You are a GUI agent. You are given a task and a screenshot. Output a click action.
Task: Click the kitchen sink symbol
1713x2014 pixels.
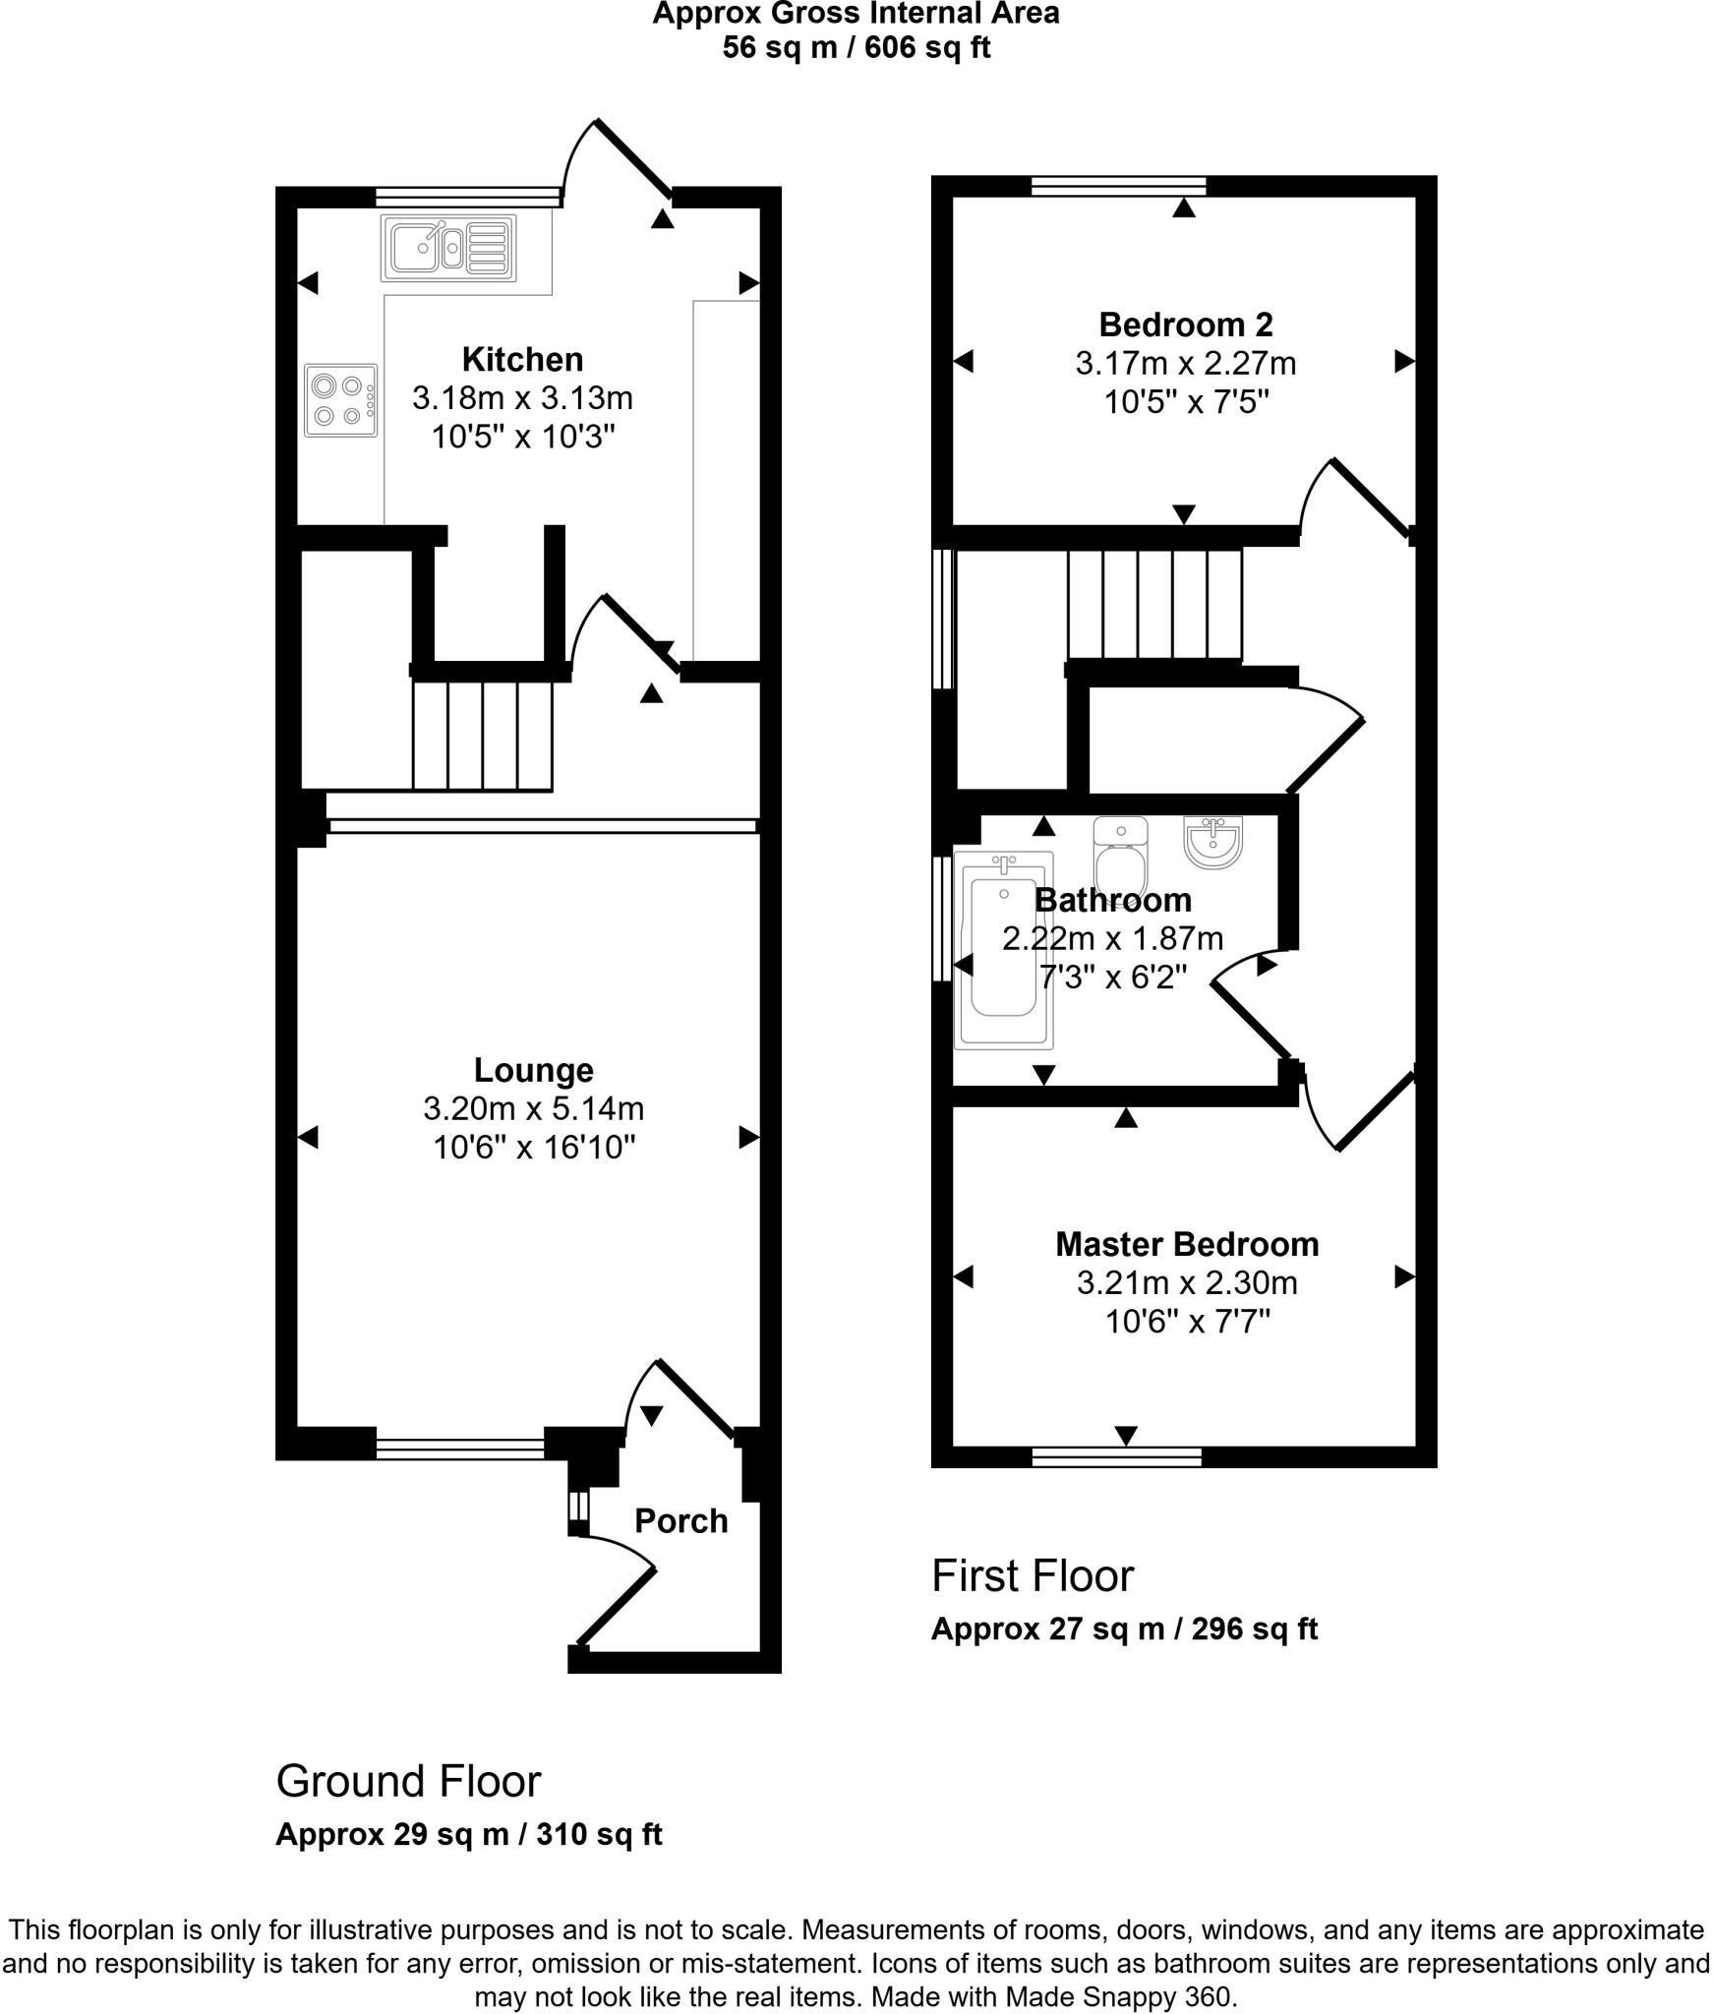pyautogui.click(x=448, y=248)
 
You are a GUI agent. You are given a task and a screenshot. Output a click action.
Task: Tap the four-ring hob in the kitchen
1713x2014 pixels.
pyautogui.click(x=340, y=400)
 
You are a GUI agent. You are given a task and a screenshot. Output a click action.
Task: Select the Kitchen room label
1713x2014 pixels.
pyautogui.click(x=522, y=360)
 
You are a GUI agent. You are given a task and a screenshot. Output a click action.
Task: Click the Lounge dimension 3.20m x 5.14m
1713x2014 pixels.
pyautogui.click(x=533, y=1108)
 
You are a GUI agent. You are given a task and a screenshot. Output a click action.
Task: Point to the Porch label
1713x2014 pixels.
pyautogui.click(x=680, y=1520)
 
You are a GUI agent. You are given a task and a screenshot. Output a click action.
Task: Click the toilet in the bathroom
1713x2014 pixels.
pyautogui.click(x=1119, y=858)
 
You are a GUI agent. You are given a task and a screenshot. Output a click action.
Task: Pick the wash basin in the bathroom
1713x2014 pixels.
pyautogui.click(x=1212, y=842)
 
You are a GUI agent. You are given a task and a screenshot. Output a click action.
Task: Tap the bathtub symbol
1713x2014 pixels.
pyautogui.click(x=1003, y=950)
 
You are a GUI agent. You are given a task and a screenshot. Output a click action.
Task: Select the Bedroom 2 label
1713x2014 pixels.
pyautogui.click(x=1185, y=325)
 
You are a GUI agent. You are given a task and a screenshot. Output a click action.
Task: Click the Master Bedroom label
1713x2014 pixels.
pyautogui.click(x=1186, y=1244)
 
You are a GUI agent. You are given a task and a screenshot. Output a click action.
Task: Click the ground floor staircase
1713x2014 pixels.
pyautogui.click(x=482, y=736)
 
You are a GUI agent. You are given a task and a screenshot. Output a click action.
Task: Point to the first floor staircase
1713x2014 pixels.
pyautogui.click(x=1154, y=603)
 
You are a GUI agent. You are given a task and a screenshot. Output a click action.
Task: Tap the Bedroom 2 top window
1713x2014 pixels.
pyautogui.click(x=1118, y=186)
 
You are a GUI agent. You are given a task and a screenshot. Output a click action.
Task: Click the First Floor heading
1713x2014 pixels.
pyautogui.click(x=1032, y=1575)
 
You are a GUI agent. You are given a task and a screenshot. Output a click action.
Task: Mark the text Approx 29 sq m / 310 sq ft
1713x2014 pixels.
pyautogui.click(x=468, y=1834)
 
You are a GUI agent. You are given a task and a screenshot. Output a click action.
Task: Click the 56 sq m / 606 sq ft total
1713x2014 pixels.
pyautogui.click(x=856, y=47)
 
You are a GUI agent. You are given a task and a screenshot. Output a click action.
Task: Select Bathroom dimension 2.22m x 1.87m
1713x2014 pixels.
pyautogui.click(x=1111, y=938)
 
